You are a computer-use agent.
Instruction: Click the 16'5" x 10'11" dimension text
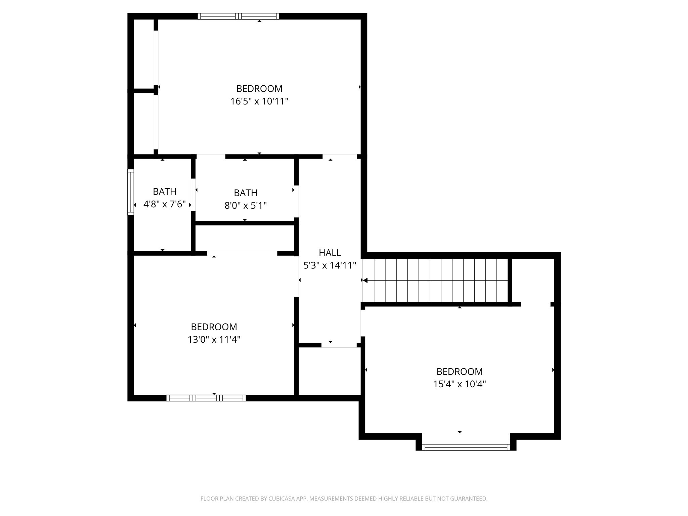coord(259,101)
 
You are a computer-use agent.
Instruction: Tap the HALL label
coord(330,253)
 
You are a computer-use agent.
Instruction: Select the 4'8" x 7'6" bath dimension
coord(164,204)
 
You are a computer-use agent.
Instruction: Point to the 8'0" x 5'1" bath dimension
coord(245,205)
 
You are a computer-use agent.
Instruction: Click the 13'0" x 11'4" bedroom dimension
coord(214,339)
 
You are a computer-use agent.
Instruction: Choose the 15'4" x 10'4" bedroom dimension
coord(459,384)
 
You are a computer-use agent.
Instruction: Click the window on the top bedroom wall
coord(238,16)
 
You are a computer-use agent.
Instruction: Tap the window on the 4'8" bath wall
coord(130,192)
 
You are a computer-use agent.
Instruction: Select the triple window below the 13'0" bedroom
coord(206,398)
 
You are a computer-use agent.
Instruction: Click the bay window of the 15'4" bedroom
coord(466,447)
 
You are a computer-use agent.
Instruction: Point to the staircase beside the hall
coord(435,280)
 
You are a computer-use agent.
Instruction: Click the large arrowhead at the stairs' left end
coord(365,280)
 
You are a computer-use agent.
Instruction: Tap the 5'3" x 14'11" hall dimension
coord(330,265)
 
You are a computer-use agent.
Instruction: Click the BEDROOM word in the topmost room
coord(259,89)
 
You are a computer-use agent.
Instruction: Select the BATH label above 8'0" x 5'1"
coord(245,193)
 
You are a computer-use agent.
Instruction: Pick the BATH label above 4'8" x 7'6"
coord(164,191)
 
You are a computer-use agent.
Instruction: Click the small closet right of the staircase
coord(533,280)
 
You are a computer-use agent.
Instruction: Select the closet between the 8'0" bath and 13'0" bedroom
coord(245,238)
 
